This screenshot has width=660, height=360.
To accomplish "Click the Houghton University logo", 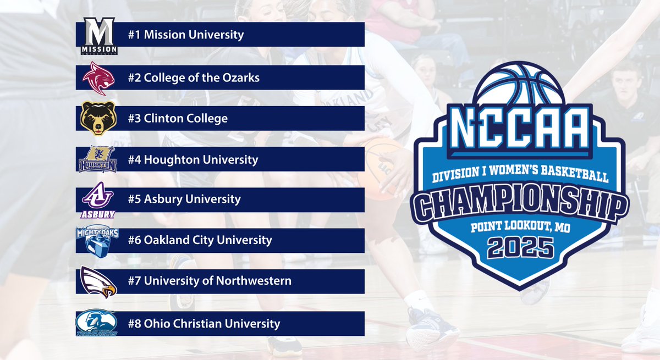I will tap(97, 159).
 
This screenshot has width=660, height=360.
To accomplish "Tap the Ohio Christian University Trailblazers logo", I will tap(97, 323).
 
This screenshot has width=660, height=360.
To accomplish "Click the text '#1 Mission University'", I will tap(185, 35).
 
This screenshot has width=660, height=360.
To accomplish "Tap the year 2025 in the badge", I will tap(520, 248).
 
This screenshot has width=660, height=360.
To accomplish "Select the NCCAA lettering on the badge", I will tap(520, 130).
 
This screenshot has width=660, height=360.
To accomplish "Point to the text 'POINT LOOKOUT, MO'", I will tap(520, 226).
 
